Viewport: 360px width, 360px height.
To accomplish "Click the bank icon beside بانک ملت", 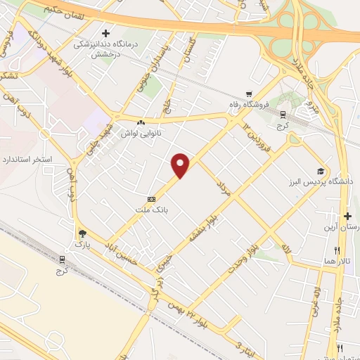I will coord(151,199).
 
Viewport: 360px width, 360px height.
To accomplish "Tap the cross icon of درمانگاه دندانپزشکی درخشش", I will coord(105,32).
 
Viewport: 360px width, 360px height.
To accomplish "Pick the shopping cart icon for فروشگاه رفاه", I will coord(249,94).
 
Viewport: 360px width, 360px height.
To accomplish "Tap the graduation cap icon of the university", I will coord(321,171).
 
